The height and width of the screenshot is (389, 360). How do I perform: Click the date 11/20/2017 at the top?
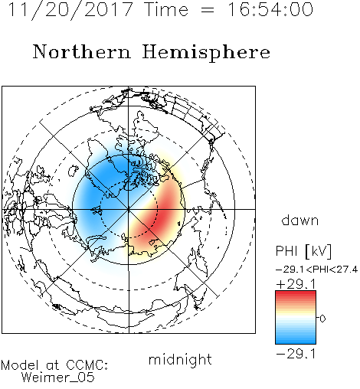pos(70,9)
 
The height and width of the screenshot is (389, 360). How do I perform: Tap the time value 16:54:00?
pos(270,9)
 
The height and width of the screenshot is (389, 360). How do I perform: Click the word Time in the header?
pos(166,9)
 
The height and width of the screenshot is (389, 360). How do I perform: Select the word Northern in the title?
pos(82,51)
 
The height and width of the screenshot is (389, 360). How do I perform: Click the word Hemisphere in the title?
pos(206,53)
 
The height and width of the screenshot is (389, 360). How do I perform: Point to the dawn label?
pos(299,221)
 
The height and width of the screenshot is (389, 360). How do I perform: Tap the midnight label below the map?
pos(180,360)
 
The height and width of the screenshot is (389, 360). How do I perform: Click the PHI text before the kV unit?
pos(287,251)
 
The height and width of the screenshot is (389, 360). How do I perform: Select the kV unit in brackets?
pos(318,251)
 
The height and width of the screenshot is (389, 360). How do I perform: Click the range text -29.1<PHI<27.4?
pos(316,270)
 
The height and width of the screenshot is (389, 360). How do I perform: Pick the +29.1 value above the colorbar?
pos(296,284)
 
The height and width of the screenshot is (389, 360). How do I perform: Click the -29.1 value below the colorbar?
pos(296,354)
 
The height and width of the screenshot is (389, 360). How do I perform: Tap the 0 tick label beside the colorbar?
pos(322,319)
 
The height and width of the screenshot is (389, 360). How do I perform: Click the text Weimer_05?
pos(58,378)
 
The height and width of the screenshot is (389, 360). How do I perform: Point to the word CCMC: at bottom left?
pos(87,365)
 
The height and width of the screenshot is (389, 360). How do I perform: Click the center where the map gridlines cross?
pos(129,209)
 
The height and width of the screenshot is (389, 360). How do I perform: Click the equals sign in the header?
pos(208,10)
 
